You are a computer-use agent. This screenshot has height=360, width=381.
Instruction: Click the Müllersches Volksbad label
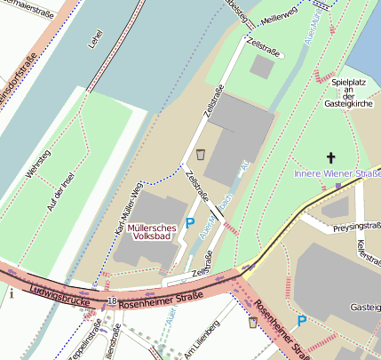point(151,232)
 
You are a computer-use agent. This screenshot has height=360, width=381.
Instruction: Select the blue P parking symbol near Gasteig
point(302,321)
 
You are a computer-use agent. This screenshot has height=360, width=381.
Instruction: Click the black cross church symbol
point(332,156)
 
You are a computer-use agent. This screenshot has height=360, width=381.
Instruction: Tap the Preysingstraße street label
point(354,226)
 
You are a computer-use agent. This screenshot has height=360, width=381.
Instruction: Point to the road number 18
point(111,302)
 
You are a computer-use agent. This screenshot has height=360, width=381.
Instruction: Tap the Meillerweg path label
point(279,19)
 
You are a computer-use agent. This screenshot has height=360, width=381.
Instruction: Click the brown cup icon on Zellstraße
point(202,154)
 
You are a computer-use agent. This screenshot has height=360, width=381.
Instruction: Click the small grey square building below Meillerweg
point(263,66)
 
